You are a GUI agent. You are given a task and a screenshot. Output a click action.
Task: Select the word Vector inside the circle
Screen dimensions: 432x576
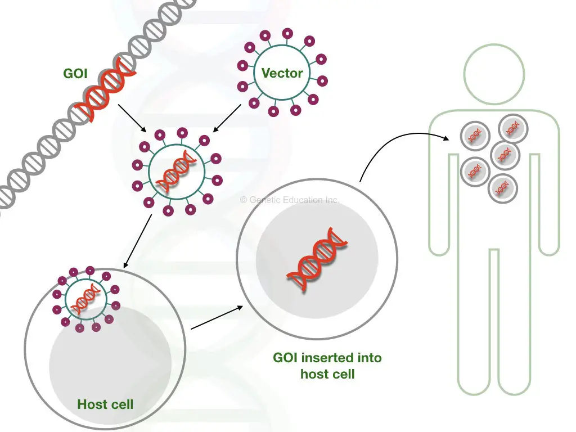282,73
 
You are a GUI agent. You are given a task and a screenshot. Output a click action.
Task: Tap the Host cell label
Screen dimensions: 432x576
105,404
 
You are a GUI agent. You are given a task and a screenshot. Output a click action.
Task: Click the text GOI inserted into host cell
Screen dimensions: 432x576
327,366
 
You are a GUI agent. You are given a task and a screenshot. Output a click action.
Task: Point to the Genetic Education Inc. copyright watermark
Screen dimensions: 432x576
290,200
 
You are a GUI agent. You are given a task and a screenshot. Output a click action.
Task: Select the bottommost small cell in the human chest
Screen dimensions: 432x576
502,188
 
